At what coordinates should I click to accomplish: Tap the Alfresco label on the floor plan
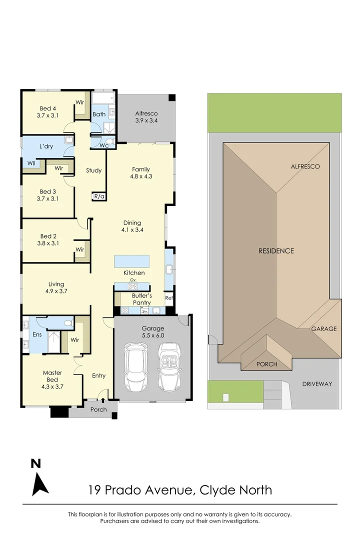coord(146,113)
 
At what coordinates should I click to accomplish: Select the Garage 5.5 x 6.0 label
coord(153,332)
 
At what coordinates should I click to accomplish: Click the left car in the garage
coord(135,367)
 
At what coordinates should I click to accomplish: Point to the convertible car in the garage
coord(169,367)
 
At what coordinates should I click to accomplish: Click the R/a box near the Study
coord(99,196)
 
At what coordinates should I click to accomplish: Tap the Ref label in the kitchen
coord(169,298)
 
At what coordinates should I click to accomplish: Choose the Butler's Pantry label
coord(141,299)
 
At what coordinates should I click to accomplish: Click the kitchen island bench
coord(131,261)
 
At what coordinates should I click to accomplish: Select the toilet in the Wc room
coord(110,141)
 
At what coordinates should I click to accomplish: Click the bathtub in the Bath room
coord(103,98)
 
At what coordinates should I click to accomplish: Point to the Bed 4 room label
coord(47,112)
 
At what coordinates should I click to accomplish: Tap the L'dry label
coord(46,146)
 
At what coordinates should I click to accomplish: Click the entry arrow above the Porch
coord(102,400)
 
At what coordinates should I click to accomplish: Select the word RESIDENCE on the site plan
coord(276,251)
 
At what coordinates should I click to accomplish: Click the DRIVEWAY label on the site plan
coord(317,384)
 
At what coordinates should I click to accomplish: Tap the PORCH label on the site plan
coord(266,364)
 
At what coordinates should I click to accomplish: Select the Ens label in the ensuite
coord(37,334)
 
